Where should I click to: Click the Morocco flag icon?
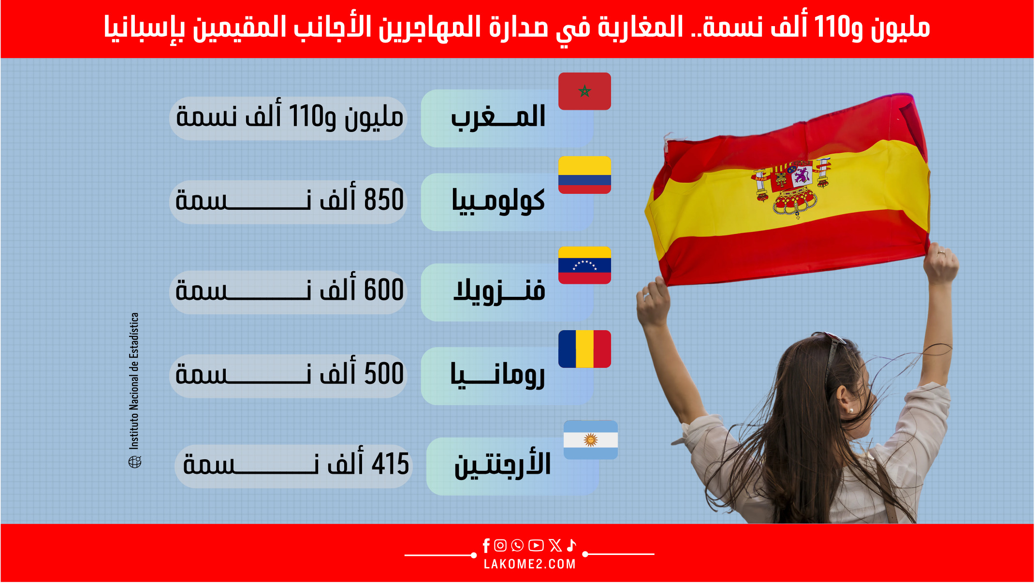584,91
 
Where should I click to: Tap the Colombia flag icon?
584,175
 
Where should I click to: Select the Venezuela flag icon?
584,265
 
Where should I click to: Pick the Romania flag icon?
584,349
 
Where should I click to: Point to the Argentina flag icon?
591,439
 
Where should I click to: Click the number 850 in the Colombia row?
384,200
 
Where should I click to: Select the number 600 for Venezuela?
384,290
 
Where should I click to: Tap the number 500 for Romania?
384,374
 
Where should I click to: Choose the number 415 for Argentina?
391,464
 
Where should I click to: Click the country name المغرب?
498,117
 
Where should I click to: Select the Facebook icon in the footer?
486,546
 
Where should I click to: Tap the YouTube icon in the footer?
536,546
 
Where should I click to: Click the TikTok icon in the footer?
571,545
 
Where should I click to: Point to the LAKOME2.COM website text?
530,564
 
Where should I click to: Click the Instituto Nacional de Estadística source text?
134,381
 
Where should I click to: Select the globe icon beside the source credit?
135,462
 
